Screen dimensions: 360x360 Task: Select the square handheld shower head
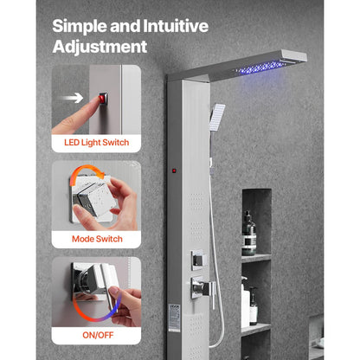[217, 113]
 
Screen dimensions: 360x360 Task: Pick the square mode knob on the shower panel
[198, 258]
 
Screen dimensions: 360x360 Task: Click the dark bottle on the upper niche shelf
[249, 234]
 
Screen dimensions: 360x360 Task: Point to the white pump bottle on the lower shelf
[245, 304]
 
